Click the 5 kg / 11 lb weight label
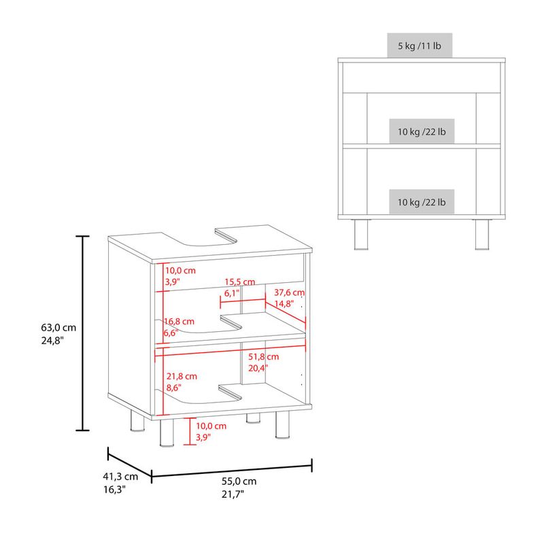tap(420, 46)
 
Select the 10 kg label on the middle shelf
tap(422, 131)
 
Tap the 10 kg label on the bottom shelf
tap(422, 202)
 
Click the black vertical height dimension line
tap(82, 333)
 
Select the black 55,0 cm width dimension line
tap(232, 471)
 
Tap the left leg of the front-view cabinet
tap(361, 235)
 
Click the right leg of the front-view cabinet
tap(482, 235)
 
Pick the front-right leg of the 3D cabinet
tap(282, 425)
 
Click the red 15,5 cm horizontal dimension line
tap(243, 301)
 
